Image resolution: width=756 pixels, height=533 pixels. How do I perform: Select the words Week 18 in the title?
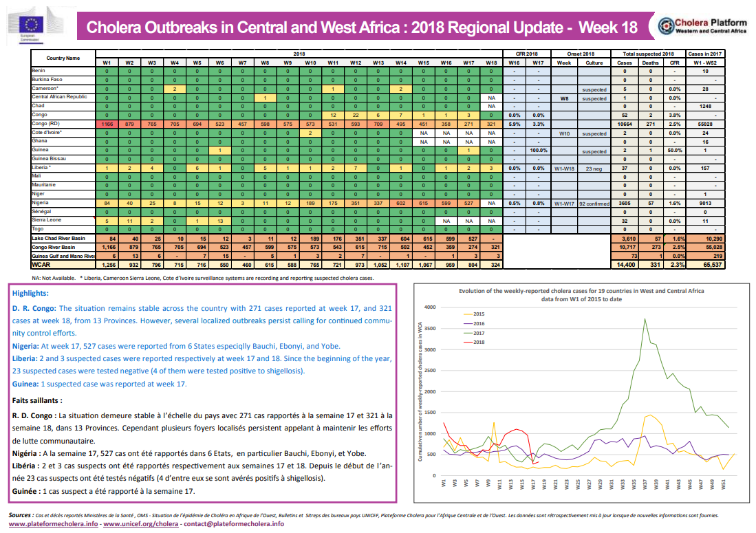608,28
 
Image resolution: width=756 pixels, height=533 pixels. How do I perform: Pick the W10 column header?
310,62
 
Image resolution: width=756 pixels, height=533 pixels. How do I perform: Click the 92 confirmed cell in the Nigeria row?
595,203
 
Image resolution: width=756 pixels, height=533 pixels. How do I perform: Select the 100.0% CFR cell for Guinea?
539,150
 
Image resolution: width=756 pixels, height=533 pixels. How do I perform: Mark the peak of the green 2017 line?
645,318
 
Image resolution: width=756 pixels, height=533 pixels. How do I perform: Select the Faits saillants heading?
37,400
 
